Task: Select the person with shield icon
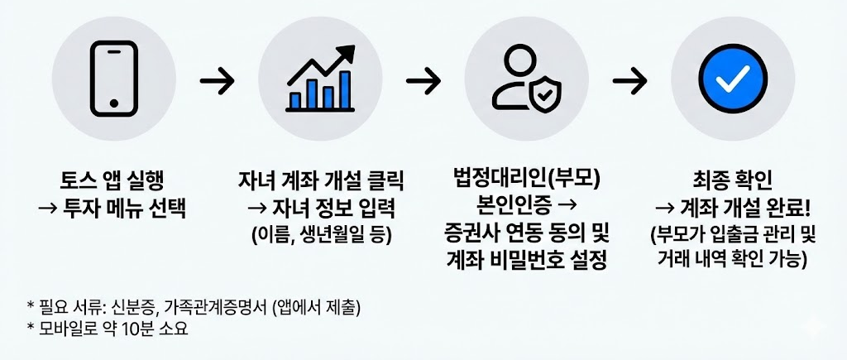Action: [x=526, y=79]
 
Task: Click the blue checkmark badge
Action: [x=733, y=79]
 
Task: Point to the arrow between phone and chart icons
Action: [x=217, y=81]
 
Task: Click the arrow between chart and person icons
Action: [x=423, y=81]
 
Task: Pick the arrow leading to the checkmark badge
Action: [x=629, y=81]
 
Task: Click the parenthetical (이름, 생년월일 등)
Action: [x=320, y=233]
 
